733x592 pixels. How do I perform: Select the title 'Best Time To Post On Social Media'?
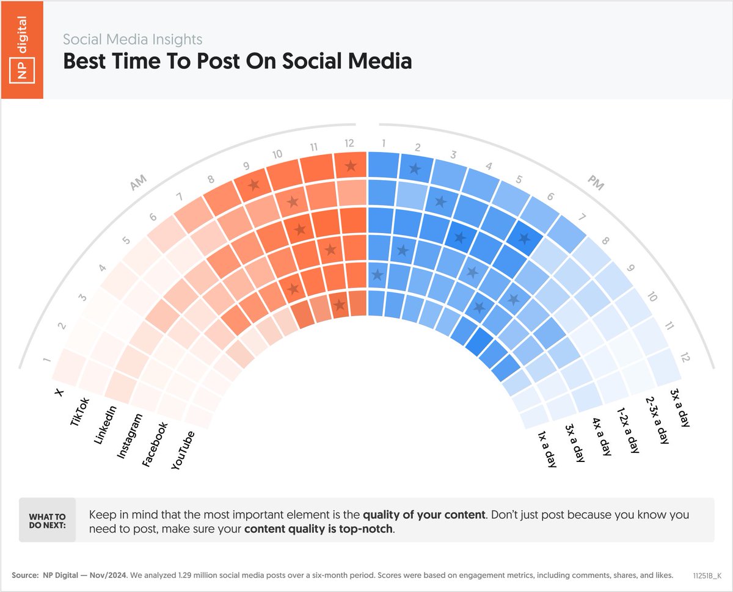(x=238, y=62)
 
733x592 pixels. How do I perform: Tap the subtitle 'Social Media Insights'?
(x=133, y=40)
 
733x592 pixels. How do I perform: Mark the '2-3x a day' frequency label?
(x=657, y=419)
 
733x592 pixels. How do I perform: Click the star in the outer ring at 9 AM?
(x=254, y=184)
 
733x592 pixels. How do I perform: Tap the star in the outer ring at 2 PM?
(x=415, y=169)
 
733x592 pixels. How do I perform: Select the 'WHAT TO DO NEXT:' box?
(x=47, y=520)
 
